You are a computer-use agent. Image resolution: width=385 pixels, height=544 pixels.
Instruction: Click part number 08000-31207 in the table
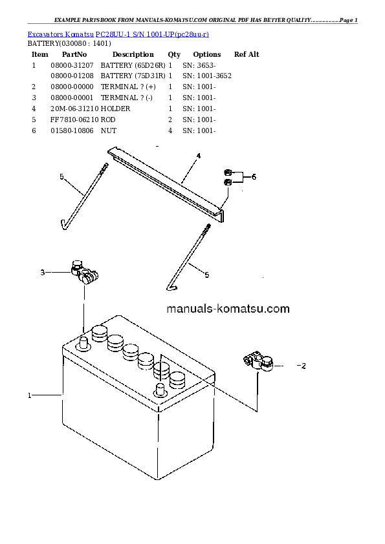(72, 65)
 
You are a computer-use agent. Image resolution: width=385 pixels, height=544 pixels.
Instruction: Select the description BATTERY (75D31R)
(133, 76)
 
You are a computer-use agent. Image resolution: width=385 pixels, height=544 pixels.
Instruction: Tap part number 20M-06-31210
(74, 109)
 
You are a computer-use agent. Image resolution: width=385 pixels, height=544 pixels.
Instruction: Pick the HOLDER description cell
(115, 109)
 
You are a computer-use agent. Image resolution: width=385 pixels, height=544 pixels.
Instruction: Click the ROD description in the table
(108, 120)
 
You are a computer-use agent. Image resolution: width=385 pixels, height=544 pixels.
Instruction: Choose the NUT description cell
(109, 131)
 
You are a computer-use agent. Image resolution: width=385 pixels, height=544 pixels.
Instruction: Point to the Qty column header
(174, 54)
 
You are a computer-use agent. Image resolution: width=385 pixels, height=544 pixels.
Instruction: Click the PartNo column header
(74, 54)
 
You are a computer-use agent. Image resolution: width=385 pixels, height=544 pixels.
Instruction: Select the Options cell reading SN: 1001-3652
(207, 76)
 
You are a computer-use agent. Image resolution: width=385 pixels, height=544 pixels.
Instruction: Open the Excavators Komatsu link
(60, 34)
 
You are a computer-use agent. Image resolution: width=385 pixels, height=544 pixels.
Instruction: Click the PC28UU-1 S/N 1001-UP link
(152, 34)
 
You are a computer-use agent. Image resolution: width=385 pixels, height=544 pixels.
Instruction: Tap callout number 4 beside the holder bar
(199, 156)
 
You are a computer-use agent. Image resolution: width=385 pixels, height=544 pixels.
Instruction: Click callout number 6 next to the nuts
(254, 177)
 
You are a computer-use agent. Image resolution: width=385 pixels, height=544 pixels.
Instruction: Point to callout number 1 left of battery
(30, 395)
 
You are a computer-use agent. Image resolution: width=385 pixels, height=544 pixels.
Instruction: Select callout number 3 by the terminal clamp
(43, 273)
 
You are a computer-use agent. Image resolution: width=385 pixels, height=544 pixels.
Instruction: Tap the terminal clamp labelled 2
(258, 362)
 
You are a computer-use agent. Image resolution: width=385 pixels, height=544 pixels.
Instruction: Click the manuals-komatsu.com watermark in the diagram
(228, 308)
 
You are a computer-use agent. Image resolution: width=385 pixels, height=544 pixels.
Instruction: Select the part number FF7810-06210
(74, 120)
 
